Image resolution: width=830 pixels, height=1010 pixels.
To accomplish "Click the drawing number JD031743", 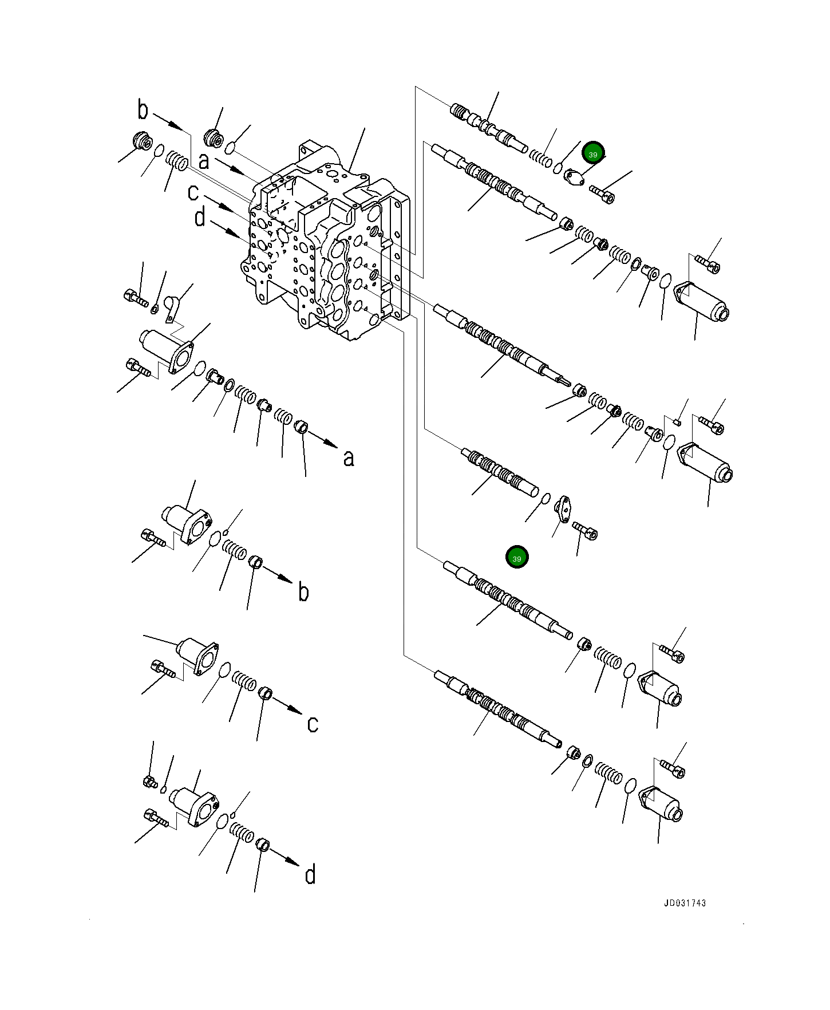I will (685, 903).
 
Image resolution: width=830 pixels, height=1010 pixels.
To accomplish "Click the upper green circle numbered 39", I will (593, 154).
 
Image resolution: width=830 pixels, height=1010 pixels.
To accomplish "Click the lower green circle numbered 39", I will (517, 558).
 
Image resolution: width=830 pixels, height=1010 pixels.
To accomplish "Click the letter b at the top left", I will (143, 110).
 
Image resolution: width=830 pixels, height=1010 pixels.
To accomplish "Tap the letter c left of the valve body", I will (193, 192).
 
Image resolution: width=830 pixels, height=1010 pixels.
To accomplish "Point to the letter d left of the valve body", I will (199, 218).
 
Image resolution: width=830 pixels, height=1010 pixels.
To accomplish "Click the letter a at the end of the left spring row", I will (349, 457).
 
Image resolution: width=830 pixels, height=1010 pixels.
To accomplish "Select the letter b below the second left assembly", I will (303, 592).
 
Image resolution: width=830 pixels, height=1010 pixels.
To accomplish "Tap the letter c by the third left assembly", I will (313, 724).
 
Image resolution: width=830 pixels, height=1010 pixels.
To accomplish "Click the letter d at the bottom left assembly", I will (310, 875).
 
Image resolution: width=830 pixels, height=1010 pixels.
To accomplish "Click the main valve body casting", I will (326, 246).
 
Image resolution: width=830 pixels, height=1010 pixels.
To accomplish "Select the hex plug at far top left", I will (141, 140).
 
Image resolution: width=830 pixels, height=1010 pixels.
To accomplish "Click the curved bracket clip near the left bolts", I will (172, 309).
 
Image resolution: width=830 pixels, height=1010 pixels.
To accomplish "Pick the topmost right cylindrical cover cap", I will (704, 303).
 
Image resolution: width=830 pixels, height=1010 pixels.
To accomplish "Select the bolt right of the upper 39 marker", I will (602, 194).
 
